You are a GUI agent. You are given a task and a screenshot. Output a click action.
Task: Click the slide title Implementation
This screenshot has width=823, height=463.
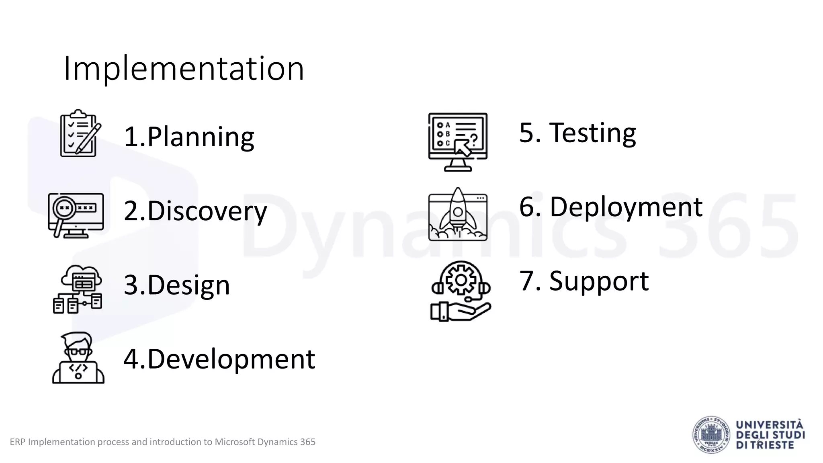coord(184,69)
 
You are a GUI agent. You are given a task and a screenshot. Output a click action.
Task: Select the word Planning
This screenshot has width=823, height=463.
coord(201,137)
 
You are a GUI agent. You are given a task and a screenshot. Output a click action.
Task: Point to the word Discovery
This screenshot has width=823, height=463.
coord(207,211)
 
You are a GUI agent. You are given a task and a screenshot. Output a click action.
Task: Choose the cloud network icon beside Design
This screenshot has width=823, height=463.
coord(78,289)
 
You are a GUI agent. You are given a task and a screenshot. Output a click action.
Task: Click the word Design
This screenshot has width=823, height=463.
coord(188,285)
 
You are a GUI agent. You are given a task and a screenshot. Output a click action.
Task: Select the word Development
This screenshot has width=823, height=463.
coord(231,359)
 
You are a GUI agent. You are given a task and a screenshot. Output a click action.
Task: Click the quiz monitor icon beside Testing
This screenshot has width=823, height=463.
coord(458,142)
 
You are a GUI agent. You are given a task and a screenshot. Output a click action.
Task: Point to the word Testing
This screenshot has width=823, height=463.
coord(592,133)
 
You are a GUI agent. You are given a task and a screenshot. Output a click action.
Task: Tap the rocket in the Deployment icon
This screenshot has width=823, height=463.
coord(457,209)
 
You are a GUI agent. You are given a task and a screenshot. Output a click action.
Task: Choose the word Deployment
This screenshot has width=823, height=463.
coord(626,207)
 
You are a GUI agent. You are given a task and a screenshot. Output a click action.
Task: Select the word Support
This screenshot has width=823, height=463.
coord(599,281)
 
